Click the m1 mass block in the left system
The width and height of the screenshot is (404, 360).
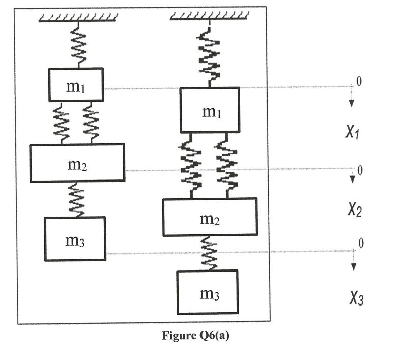click(x=76, y=84)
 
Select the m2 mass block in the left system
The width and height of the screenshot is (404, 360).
click(x=77, y=163)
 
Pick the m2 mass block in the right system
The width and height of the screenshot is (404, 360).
click(x=210, y=217)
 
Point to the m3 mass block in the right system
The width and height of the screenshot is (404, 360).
click(x=207, y=292)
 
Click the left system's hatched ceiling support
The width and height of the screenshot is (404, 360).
click(x=79, y=19)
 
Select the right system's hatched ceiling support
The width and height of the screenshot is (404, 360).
click(x=209, y=19)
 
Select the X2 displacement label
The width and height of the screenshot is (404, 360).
click(x=354, y=209)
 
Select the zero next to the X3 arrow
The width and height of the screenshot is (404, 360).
click(x=361, y=244)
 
